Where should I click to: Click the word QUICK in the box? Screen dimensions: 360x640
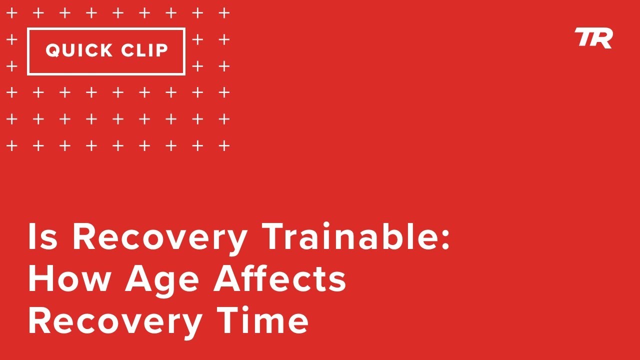click(x=79, y=50)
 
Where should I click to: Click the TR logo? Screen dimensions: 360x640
click(x=593, y=38)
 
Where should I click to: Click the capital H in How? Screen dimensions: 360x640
click(x=40, y=279)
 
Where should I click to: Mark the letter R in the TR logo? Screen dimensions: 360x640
click(x=602, y=38)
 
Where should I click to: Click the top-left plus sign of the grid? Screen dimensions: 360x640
click(x=11, y=13)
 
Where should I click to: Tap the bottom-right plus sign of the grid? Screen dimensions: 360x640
click(x=224, y=146)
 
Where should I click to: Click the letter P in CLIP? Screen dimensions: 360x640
click(x=161, y=50)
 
